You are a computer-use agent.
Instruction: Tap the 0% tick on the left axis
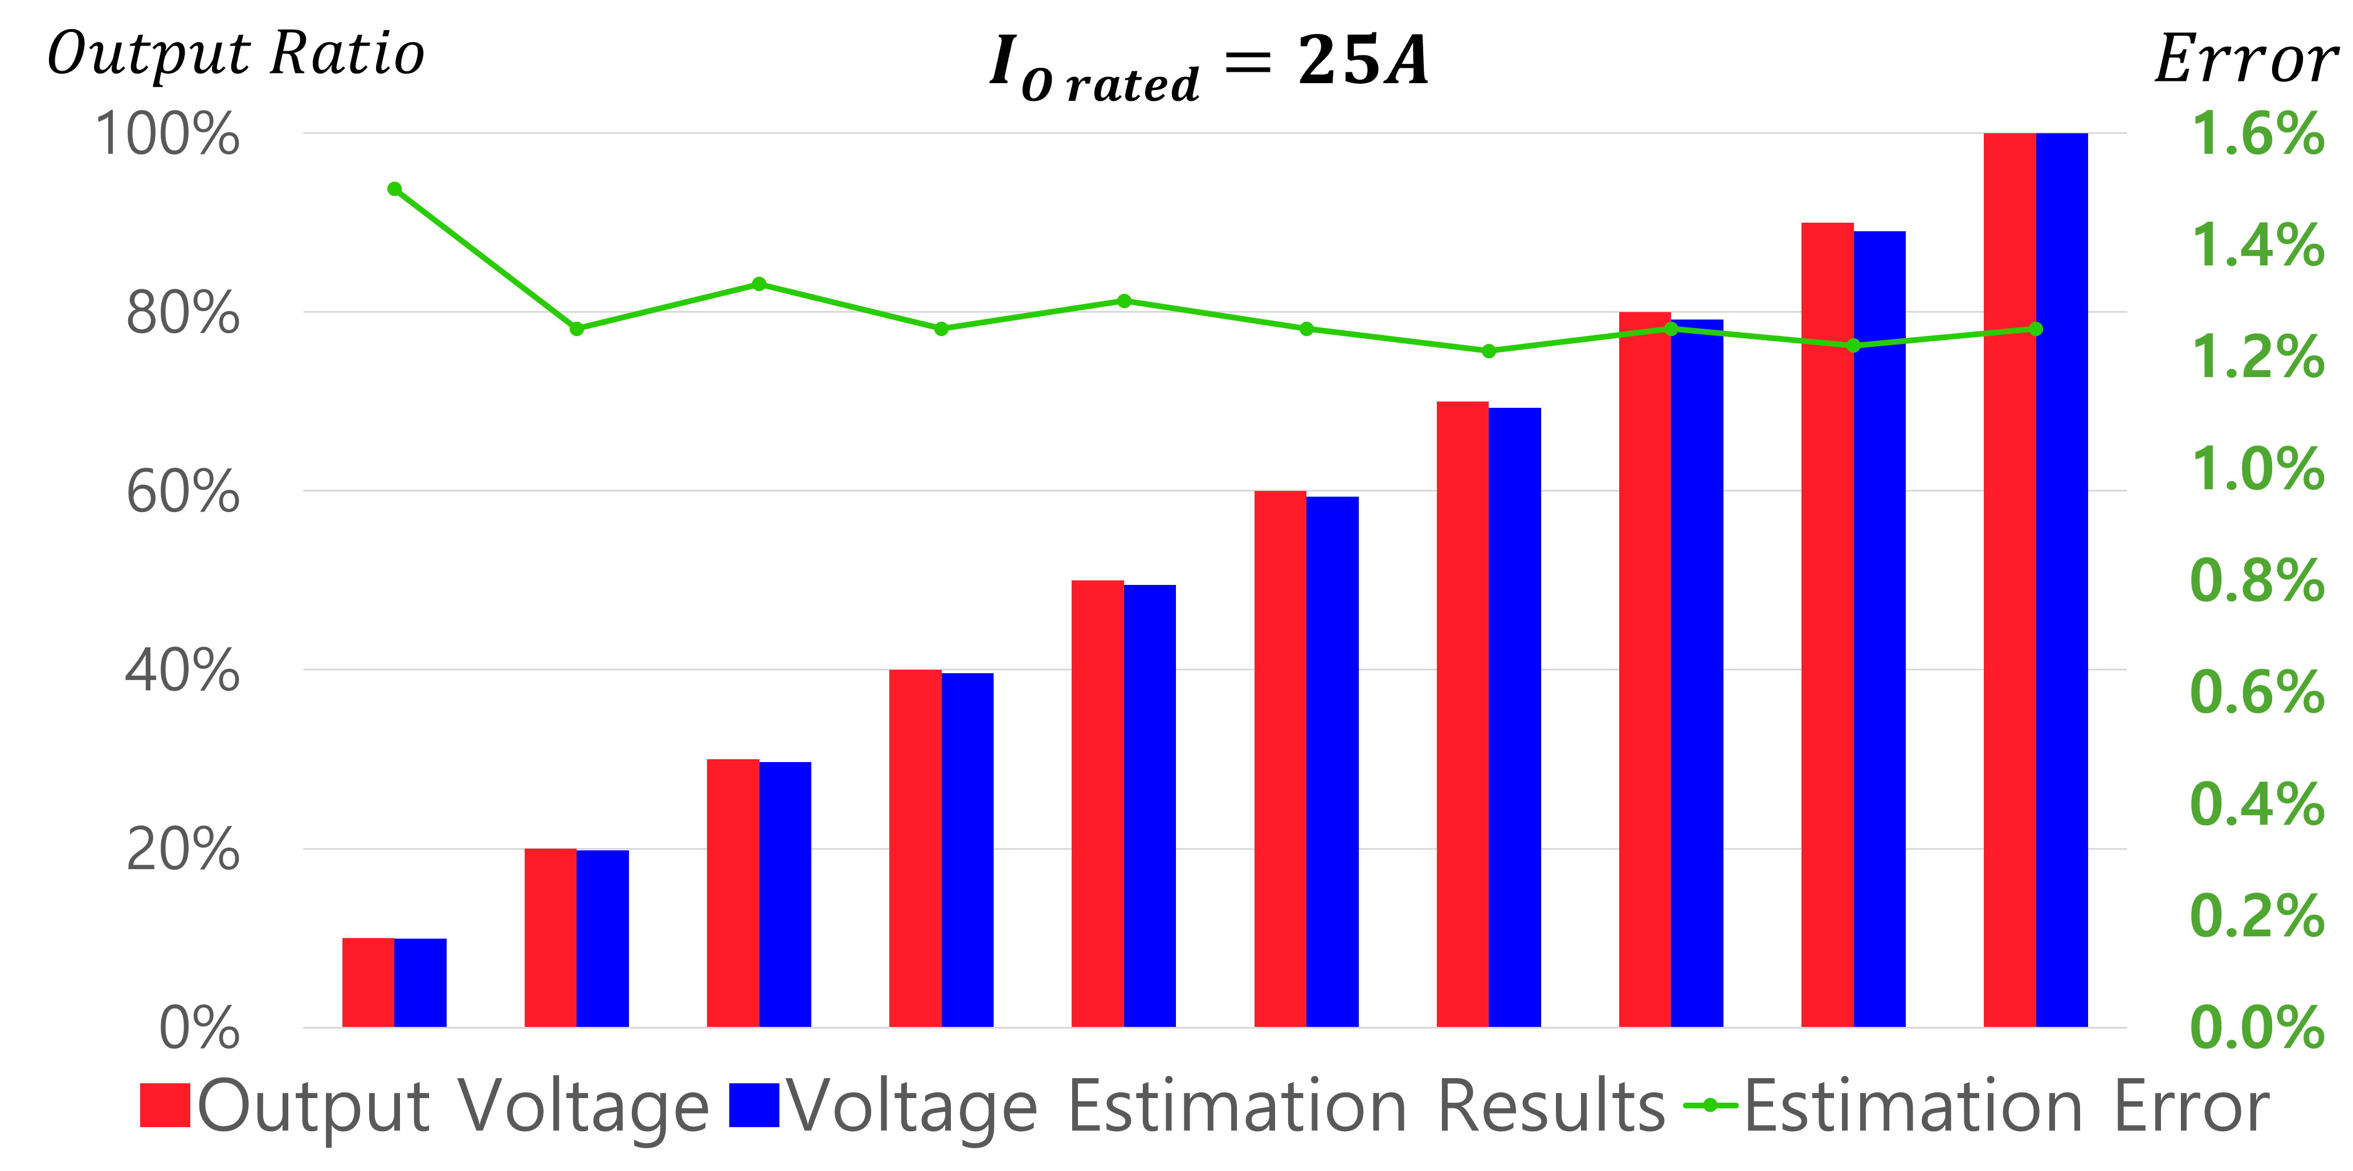click(x=199, y=1029)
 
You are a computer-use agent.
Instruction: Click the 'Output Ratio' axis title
click(x=236, y=55)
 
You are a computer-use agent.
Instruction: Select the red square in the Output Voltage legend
click(x=165, y=1106)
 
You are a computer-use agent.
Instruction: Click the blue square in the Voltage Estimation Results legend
click(x=754, y=1106)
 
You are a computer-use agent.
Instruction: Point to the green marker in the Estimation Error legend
click(x=1709, y=1106)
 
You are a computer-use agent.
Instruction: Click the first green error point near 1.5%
click(x=395, y=189)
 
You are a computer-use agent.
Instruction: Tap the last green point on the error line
click(x=2035, y=329)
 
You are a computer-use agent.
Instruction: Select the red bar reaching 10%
click(x=368, y=983)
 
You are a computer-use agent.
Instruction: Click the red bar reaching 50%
click(x=1097, y=804)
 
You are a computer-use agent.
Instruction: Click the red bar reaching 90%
click(x=1827, y=626)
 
